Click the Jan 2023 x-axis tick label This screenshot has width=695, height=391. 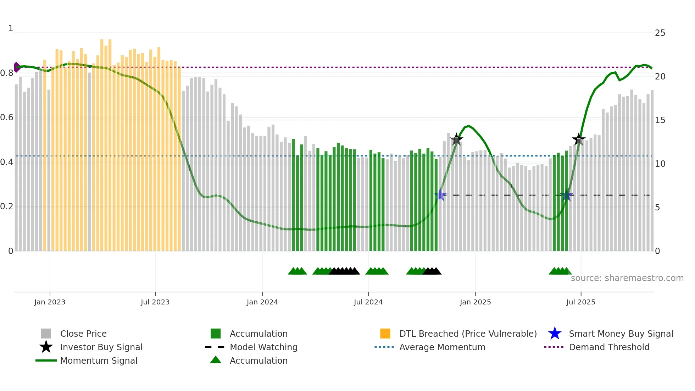pyautogui.click(x=50, y=302)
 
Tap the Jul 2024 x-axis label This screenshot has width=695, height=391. pyautogui.click(x=368, y=302)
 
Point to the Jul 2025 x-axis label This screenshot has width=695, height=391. pyautogui.click(x=580, y=302)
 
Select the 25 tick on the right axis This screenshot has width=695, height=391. pyautogui.click(x=660, y=33)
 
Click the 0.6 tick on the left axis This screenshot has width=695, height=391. pyautogui.click(x=7, y=117)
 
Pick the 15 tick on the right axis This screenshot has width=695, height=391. pyautogui.click(x=660, y=120)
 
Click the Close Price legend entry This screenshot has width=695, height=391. pyautogui.click(x=83, y=334)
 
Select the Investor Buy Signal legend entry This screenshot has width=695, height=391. pyautogui.click(x=101, y=347)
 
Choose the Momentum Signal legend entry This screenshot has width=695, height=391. pyautogui.click(x=99, y=360)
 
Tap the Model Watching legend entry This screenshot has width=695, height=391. pyautogui.click(x=263, y=347)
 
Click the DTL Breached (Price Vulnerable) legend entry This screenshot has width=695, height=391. pyautogui.click(x=468, y=334)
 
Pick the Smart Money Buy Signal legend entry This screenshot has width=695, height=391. pyautogui.click(x=621, y=334)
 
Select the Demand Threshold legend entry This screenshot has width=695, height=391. pyautogui.click(x=609, y=347)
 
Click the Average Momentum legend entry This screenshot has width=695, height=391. pyautogui.click(x=442, y=347)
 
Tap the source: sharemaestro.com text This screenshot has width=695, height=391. pyautogui.click(x=627, y=278)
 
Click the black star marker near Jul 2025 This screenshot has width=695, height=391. pyautogui.click(x=579, y=139)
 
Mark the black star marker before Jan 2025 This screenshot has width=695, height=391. pyautogui.click(x=456, y=139)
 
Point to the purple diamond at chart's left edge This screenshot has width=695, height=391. pyautogui.click(x=16, y=67)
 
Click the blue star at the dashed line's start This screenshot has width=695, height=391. pyautogui.click(x=440, y=195)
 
